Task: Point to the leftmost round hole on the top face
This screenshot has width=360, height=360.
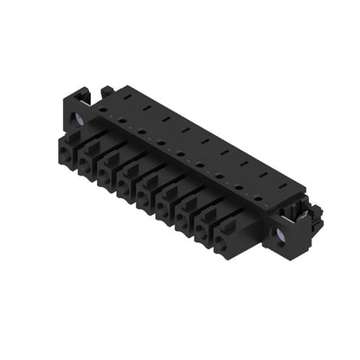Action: coord(103,110)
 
